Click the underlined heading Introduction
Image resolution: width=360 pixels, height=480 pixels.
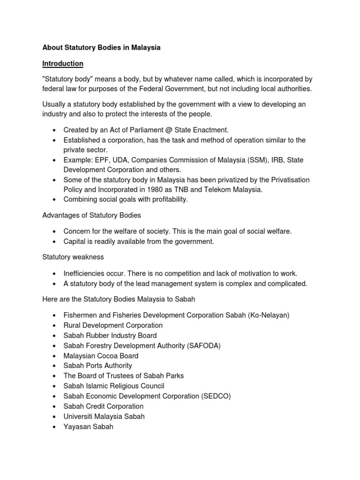(63, 63)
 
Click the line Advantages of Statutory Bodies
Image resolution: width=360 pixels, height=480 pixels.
(91, 215)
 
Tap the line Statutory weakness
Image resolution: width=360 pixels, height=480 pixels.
(73, 257)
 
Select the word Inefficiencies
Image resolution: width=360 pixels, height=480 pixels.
(85, 273)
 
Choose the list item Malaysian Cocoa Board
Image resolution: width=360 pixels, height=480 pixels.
(101, 356)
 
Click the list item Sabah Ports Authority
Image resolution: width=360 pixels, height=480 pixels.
(97, 366)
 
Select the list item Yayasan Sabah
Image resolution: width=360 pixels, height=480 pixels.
(88, 427)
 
